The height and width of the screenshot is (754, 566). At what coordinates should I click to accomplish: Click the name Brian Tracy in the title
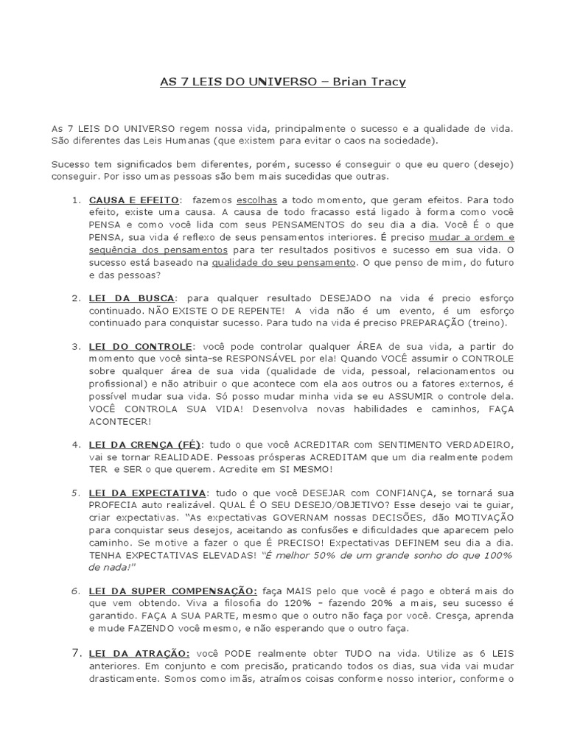(369, 82)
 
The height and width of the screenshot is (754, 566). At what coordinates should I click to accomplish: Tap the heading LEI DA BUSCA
(131, 298)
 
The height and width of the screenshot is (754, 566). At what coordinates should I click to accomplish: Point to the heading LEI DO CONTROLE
(139, 346)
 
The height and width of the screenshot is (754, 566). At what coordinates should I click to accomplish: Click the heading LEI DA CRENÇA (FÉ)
(147, 445)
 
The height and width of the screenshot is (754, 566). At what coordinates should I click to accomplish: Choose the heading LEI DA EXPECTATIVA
(147, 493)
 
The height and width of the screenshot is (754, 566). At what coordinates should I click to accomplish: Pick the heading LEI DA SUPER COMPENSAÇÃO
(173, 591)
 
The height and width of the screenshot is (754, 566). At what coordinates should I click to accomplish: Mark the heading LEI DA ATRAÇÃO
(139, 653)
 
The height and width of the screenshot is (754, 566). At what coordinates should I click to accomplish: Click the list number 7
(77, 652)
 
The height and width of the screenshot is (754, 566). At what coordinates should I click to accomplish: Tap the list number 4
(76, 445)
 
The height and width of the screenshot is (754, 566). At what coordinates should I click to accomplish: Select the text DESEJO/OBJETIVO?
(358, 505)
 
